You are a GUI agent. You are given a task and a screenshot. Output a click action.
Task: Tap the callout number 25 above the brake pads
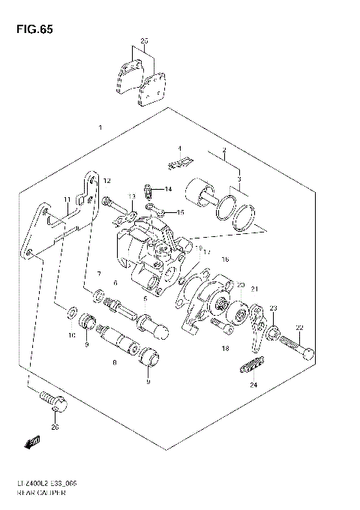(145, 40)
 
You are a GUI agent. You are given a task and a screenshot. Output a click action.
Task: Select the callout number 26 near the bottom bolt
(54, 427)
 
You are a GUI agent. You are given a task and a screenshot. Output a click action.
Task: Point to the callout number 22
(298, 328)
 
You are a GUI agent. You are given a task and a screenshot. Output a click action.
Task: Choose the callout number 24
(253, 385)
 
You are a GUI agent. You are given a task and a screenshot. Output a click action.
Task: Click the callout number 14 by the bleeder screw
(169, 189)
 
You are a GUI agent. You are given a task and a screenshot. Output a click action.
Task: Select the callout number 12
(107, 181)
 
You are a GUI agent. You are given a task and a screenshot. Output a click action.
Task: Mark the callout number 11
(67, 199)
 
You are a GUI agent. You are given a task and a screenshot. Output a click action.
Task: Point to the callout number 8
(114, 363)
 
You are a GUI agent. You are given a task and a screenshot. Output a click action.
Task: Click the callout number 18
(225, 349)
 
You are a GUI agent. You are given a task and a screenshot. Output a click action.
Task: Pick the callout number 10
(72, 336)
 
